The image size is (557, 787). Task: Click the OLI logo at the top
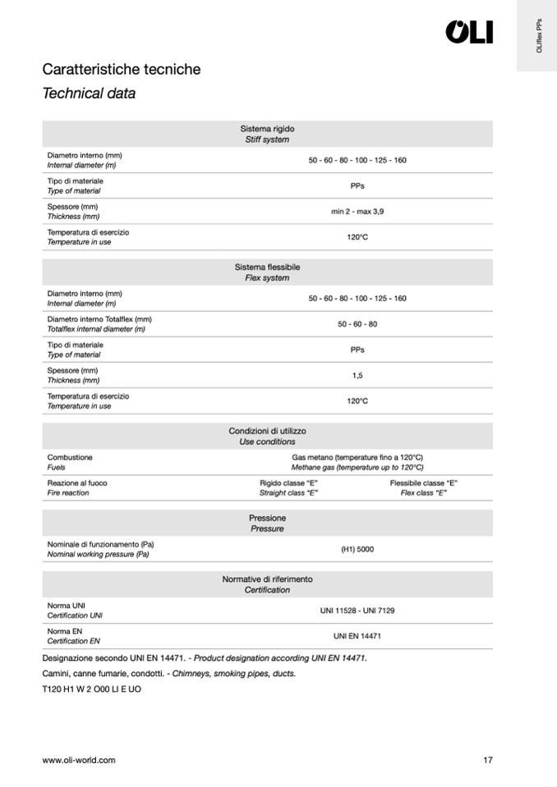tap(469, 32)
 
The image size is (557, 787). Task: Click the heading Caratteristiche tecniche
tap(121, 70)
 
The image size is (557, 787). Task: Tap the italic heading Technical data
tap(89, 94)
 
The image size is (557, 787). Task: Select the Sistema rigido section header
tap(267, 134)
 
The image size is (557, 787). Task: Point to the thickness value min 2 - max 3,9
tap(357, 212)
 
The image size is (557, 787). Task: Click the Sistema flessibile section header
tap(267, 272)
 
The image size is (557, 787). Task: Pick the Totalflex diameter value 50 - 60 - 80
tap(357, 324)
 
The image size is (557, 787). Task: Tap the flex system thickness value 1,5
tap(357, 376)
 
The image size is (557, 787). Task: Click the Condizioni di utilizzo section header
tap(267, 436)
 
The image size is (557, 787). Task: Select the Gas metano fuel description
tap(357, 462)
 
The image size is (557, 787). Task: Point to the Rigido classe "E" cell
tap(288, 487)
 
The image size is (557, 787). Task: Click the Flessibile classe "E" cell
tap(423, 487)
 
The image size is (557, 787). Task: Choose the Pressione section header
tap(267, 524)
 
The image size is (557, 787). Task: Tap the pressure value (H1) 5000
tap(357, 549)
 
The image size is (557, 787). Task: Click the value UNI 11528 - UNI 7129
tap(357, 611)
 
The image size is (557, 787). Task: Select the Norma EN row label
tap(73, 636)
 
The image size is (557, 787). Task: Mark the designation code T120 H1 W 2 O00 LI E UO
tap(91, 689)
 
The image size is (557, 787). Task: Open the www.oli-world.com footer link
tap(79, 760)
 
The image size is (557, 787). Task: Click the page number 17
tap(488, 760)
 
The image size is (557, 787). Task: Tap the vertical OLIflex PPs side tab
tap(538, 36)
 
